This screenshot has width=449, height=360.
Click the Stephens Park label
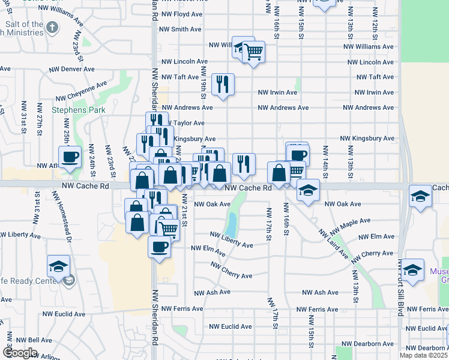pos(79,110)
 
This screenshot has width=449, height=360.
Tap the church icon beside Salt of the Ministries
pos(52,28)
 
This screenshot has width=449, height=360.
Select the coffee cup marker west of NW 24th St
pos(70,157)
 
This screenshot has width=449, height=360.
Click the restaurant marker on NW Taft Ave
pos(223,85)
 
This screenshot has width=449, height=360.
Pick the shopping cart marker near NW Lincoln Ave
pos(253,52)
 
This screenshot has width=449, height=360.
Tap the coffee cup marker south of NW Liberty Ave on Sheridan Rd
pos(159,246)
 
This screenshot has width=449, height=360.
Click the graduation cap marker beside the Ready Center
pos(58,266)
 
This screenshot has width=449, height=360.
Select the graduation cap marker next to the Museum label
pos(413,270)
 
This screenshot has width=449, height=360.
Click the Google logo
pos(19,353)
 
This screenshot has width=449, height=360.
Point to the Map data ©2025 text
pos(423,355)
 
